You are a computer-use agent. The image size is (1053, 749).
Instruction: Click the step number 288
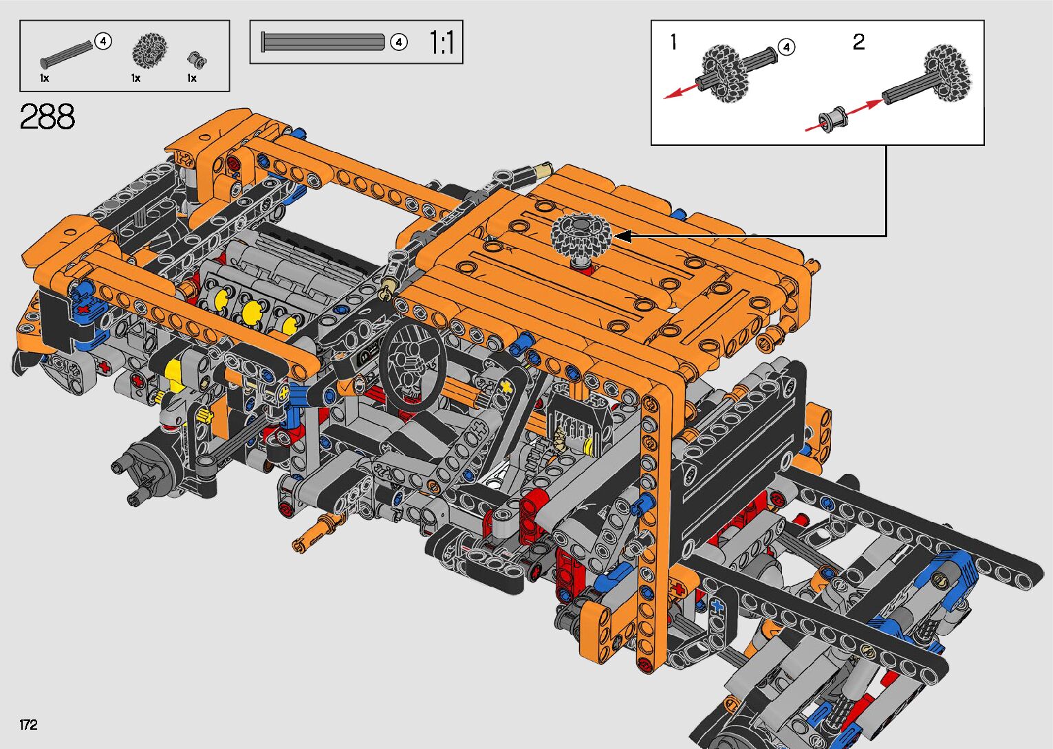pyautogui.click(x=47, y=116)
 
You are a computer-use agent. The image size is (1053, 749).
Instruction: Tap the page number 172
pyautogui.click(x=28, y=724)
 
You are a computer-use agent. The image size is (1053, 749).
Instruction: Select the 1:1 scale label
pyautogui.click(x=442, y=43)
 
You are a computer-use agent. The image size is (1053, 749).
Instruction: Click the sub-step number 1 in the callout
pyautogui.click(x=673, y=42)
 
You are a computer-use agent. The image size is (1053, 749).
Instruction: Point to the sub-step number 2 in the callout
pyautogui.click(x=858, y=42)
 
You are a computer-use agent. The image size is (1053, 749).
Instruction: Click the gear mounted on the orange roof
pyautogui.click(x=581, y=234)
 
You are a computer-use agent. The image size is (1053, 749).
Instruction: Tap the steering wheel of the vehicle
pyautogui.click(x=413, y=365)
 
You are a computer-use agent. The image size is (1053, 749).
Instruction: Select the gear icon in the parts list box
pyautogui.click(x=149, y=49)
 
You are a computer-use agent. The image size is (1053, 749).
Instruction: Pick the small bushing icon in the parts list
pyautogui.click(x=197, y=58)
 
